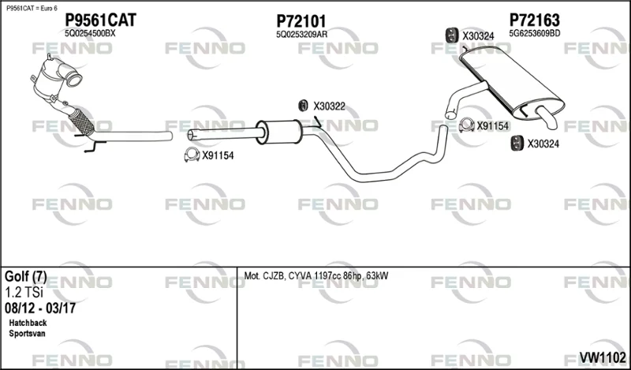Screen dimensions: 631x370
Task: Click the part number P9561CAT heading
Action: (101, 21)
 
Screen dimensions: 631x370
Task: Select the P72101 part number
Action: (301, 21)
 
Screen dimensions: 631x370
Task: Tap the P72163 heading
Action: (535, 21)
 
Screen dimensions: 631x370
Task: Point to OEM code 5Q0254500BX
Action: (90, 34)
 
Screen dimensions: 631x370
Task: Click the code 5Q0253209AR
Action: (302, 35)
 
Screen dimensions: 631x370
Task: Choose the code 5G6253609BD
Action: (535, 34)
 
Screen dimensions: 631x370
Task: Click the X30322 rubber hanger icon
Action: (303, 106)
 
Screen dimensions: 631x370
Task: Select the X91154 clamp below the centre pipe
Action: (192, 155)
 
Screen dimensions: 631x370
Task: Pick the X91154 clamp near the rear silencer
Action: (466, 125)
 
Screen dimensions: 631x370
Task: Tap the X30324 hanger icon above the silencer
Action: (452, 35)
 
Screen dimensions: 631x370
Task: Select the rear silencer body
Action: (512, 80)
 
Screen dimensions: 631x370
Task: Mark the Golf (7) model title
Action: (26, 277)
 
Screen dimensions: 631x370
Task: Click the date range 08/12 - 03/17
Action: (40, 308)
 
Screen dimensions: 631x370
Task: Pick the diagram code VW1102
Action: (603, 357)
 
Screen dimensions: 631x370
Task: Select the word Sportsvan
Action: (27, 334)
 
